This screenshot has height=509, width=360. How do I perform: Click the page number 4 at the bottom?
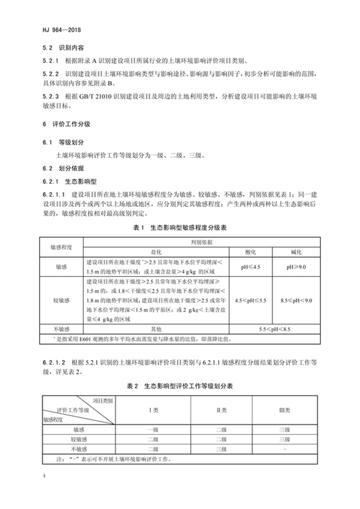44,475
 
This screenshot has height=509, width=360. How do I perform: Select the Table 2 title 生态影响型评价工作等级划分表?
180,386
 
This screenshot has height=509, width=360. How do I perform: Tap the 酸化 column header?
251,251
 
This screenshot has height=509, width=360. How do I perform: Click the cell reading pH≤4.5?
251,267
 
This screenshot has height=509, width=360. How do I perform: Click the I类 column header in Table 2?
153,410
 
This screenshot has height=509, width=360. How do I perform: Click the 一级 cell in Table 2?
153,429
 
